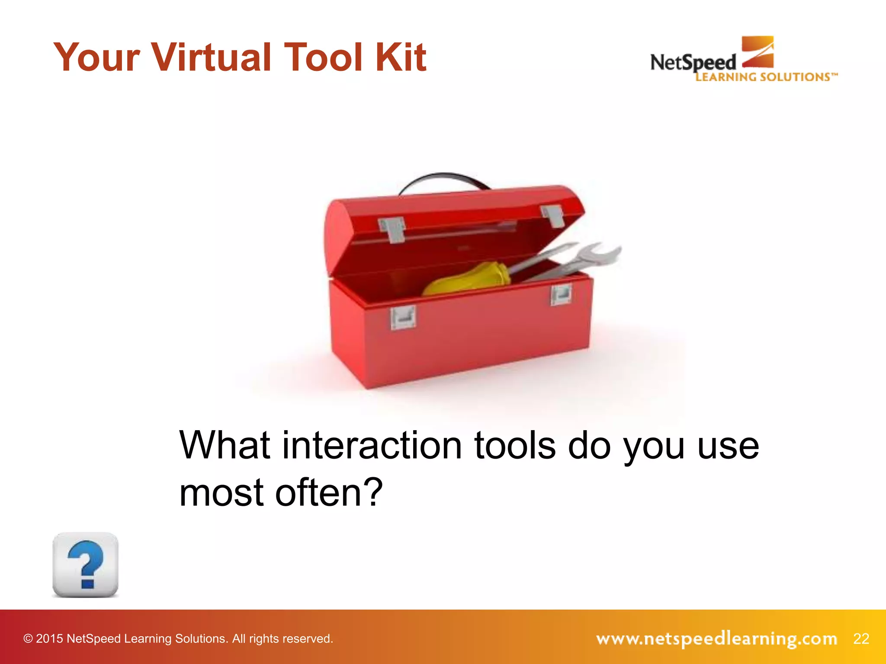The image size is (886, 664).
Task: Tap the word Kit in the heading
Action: (x=401, y=57)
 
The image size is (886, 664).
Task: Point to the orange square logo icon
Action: (x=758, y=51)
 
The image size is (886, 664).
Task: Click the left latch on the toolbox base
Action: (x=403, y=317)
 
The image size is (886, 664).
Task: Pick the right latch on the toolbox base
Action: (x=561, y=295)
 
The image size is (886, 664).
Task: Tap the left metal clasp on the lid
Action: (x=392, y=230)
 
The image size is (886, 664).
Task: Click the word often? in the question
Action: (x=329, y=492)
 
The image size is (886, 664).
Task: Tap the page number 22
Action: (x=861, y=638)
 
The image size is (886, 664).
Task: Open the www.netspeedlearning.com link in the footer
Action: (x=716, y=638)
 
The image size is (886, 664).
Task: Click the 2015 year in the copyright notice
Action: (x=49, y=638)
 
